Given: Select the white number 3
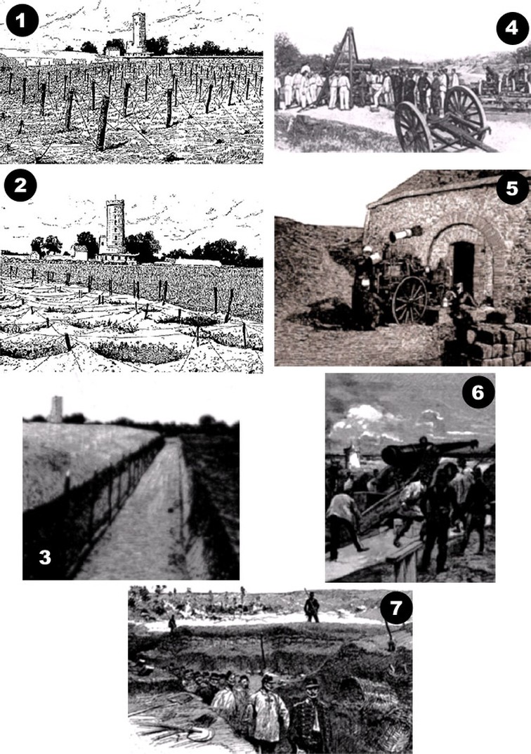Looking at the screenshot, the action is (45, 557).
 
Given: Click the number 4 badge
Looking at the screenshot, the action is (512, 28).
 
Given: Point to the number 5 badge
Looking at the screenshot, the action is (512, 187).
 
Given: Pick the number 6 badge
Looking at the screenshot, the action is (478, 393).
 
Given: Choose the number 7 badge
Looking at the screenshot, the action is (396, 608).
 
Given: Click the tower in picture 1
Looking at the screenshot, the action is (138, 33).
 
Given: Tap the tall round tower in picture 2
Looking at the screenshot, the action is (115, 226).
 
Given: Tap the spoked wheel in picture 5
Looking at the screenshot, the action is (409, 299).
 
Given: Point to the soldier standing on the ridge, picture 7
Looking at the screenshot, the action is (311, 607).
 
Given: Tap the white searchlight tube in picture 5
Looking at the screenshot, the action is (405, 234).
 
